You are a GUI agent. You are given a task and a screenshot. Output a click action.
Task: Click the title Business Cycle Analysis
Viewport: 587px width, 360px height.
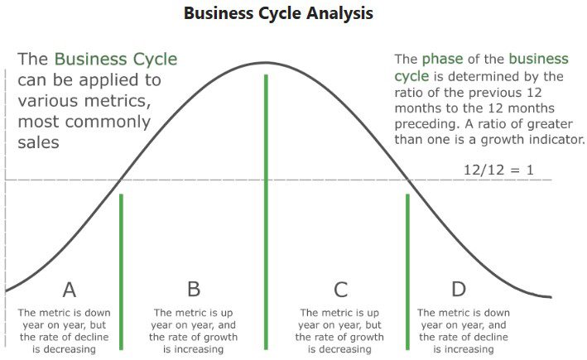click(x=278, y=14)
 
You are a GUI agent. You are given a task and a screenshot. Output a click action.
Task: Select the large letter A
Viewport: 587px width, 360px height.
click(x=70, y=290)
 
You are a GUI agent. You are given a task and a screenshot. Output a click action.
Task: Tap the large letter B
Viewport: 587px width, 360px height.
click(x=194, y=289)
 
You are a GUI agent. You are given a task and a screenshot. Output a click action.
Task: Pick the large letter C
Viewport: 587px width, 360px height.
click(x=340, y=290)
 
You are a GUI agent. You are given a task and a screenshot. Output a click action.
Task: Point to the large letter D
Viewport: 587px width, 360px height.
click(x=459, y=289)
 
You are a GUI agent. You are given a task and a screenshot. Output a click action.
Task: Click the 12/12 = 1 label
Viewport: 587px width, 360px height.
click(x=498, y=170)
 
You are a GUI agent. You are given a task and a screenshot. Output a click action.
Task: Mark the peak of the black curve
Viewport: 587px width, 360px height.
click(x=266, y=62)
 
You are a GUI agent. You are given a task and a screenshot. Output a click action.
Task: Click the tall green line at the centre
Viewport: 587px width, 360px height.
click(x=266, y=212)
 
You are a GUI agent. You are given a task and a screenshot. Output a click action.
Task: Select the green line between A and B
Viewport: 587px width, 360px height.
click(x=121, y=271)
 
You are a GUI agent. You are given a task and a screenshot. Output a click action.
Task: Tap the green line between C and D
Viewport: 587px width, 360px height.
click(x=407, y=271)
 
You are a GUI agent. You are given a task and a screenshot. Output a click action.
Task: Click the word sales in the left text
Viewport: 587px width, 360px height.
click(x=39, y=142)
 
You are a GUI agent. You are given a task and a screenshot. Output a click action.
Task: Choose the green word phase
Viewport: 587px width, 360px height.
click(x=442, y=59)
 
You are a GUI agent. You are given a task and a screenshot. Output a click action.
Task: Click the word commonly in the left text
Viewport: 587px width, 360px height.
click(x=108, y=122)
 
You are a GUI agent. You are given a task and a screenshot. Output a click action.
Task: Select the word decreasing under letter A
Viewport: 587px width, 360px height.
click(x=64, y=349)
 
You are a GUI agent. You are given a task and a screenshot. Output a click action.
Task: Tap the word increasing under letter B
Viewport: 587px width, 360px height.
click(x=199, y=349)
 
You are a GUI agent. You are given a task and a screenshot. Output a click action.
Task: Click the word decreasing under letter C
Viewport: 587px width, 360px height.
click(x=345, y=349)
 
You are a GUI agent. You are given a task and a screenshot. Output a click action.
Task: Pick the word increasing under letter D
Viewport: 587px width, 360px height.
click(x=469, y=349)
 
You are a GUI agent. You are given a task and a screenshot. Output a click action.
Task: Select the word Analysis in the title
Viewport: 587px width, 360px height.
click(x=340, y=14)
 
